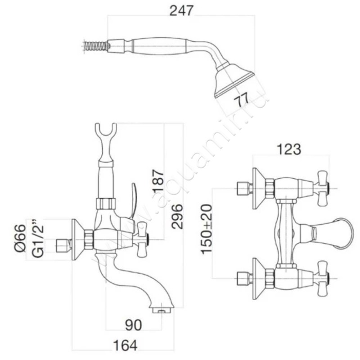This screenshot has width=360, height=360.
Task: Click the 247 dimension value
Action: (x=181, y=10)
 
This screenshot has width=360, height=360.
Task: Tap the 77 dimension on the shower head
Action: (x=241, y=99)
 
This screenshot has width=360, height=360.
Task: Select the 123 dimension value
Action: (x=289, y=149)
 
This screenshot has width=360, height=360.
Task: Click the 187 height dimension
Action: (x=158, y=181)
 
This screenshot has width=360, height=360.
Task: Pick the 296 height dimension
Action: (x=177, y=216)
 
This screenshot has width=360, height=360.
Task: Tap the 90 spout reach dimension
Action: (x=133, y=325)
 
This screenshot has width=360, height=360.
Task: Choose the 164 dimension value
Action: (x=126, y=345)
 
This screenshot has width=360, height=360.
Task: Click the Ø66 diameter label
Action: (x=20, y=238)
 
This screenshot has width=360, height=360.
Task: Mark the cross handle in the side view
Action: (x=142, y=239)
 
